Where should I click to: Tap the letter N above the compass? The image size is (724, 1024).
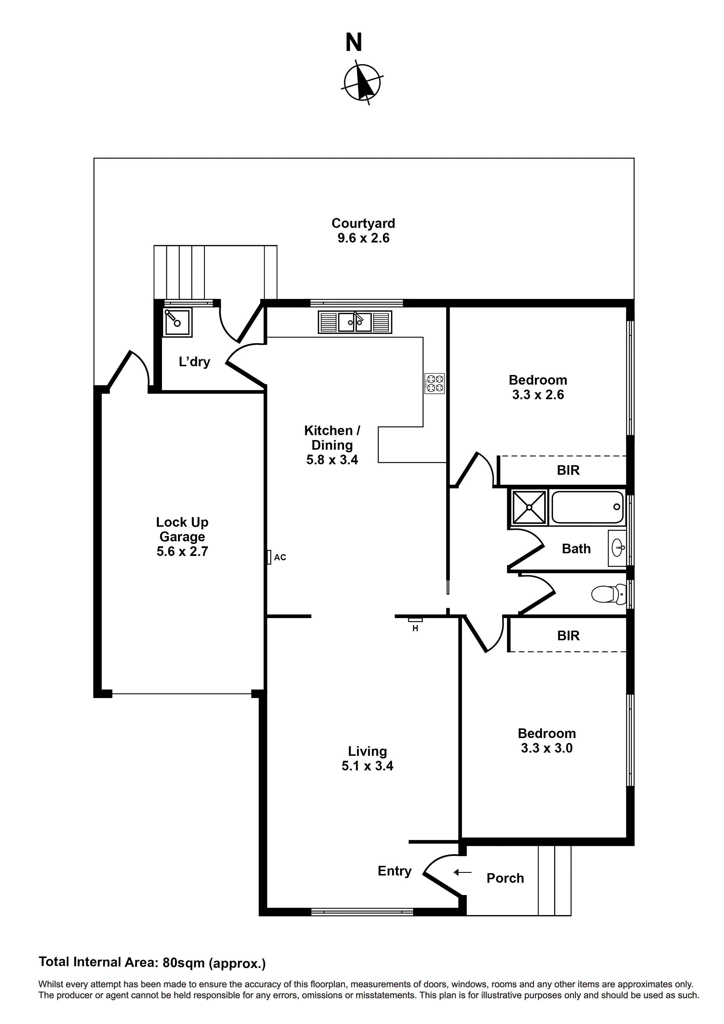pyautogui.click(x=354, y=43)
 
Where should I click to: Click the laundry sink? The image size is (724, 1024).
pyautogui.click(x=177, y=322)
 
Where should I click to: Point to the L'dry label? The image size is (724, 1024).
pyautogui.click(x=194, y=362)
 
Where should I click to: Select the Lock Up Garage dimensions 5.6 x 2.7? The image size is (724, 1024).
pyautogui.click(x=182, y=552)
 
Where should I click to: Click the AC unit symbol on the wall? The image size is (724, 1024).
pyautogui.click(x=269, y=557)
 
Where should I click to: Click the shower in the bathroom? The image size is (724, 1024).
pyautogui.click(x=529, y=507)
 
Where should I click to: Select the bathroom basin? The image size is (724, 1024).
pyautogui.click(x=618, y=548)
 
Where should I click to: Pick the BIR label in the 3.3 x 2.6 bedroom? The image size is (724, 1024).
pyautogui.click(x=568, y=470)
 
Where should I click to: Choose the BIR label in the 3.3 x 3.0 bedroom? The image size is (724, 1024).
pyautogui.click(x=568, y=636)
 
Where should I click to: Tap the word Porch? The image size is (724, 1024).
pyautogui.click(x=505, y=878)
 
